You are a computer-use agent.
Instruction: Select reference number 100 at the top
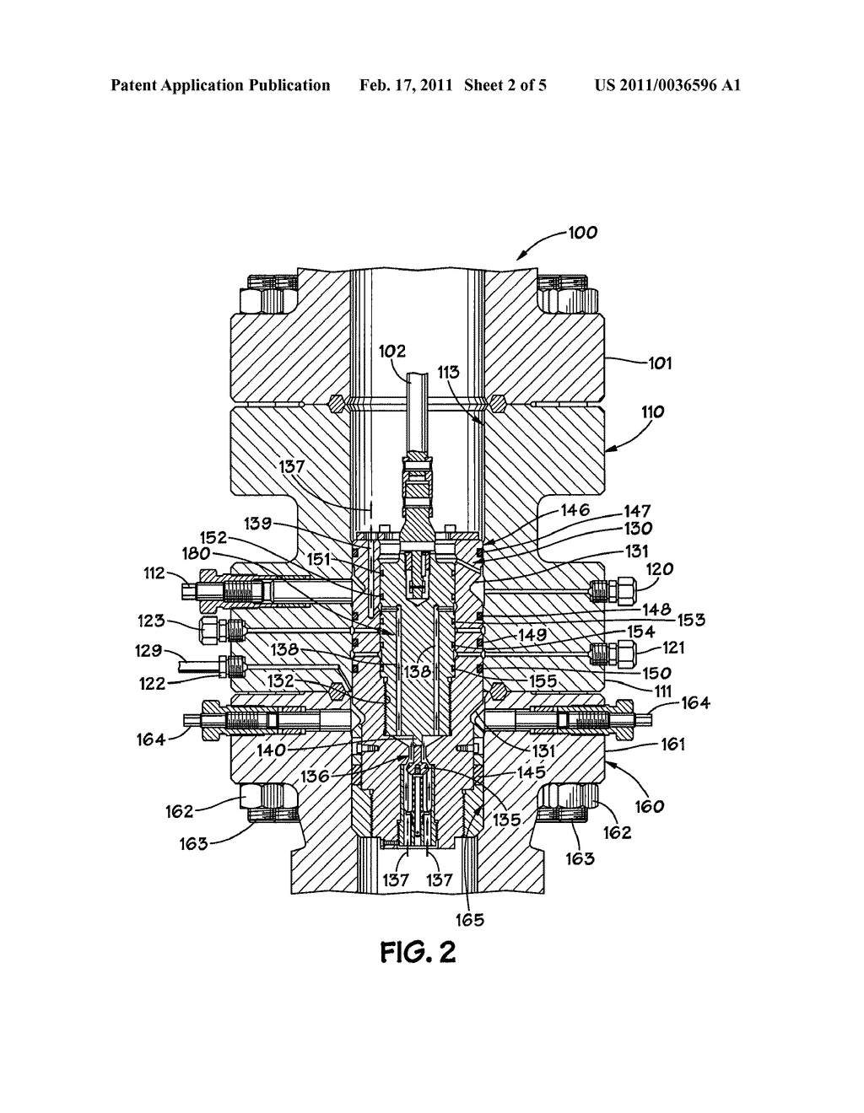point(583,233)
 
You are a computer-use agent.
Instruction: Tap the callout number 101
point(660,363)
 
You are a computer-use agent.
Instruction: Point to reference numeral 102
point(392,351)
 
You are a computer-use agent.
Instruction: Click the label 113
point(448,372)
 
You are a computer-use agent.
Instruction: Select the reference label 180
point(196,554)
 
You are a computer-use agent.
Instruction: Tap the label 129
point(148,651)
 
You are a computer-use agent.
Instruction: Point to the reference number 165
point(470,920)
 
